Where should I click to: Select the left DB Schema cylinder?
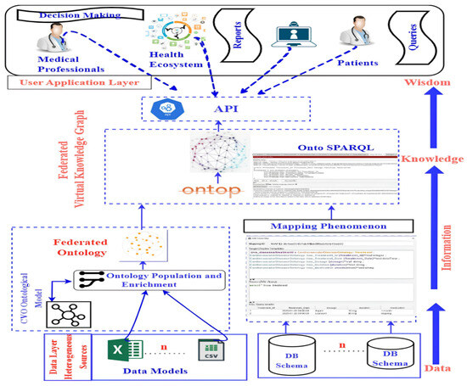294,355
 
